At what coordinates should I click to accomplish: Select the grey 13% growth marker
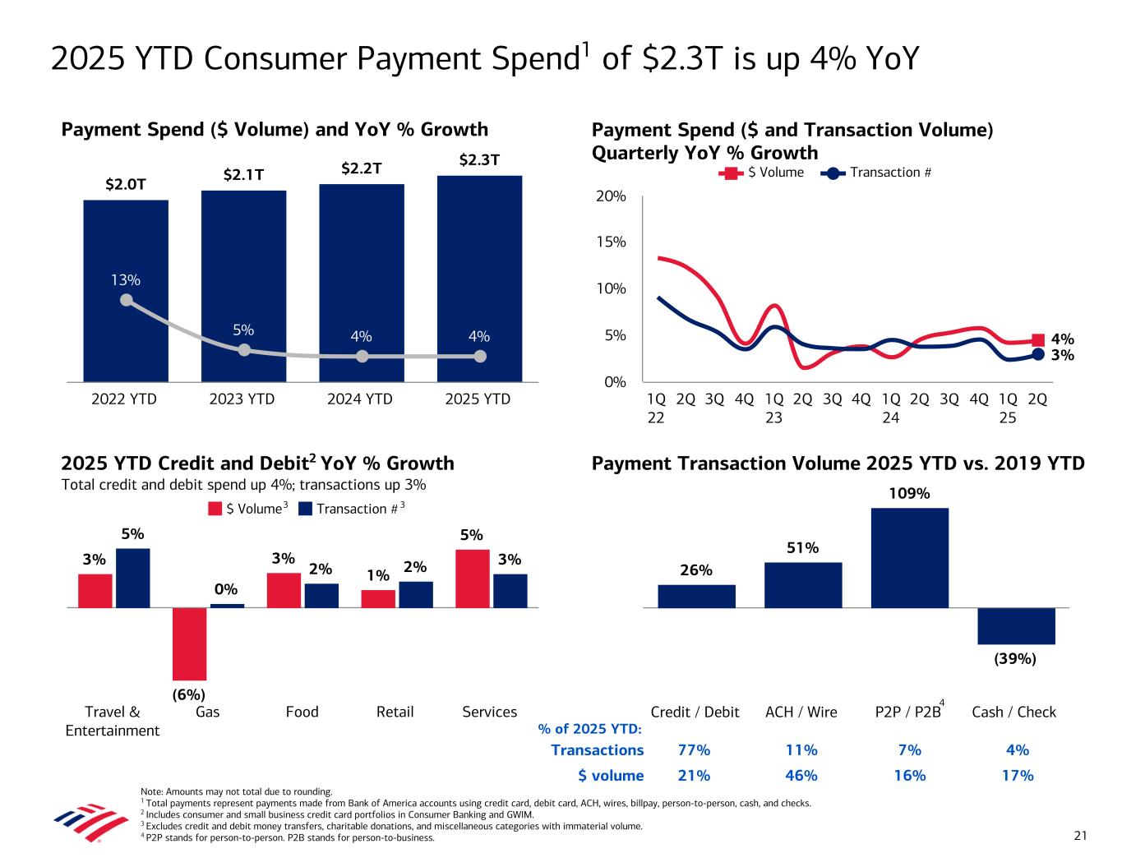(x=126, y=300)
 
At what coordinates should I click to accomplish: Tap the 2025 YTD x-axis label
(x=478, y=399)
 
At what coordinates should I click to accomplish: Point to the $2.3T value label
(x=479, y=159)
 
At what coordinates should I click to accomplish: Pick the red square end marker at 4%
(x=1038, y=339)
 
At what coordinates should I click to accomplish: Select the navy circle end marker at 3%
(x=1038, y=354)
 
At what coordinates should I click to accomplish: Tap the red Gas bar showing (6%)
(x=189, y=643)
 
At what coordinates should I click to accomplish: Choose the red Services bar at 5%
(x=473, y=578)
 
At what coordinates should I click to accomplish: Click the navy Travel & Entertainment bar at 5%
(x=132, y=578)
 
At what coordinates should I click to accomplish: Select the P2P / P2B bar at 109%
(x=909, y=557)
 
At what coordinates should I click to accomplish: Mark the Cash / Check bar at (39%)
(x=1016, y=625)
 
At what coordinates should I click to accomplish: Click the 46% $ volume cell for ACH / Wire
(x=801, y=775)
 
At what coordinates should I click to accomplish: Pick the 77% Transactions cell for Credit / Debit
(x=695, y=749)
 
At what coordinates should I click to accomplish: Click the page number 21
(x=1080, y=837)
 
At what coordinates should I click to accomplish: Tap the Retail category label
(x=395, y=712)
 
